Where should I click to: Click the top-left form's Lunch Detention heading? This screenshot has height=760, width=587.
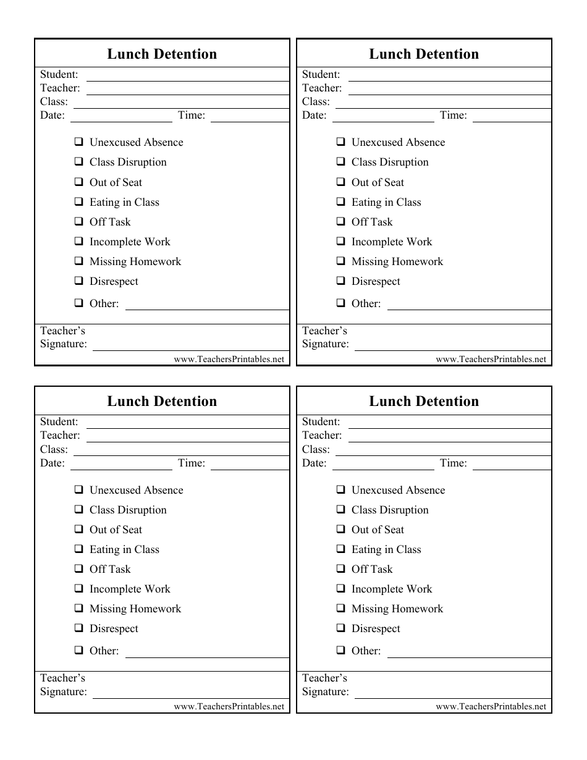[x=162, y=54]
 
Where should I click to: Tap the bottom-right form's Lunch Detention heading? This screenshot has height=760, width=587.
[x=424, y=402]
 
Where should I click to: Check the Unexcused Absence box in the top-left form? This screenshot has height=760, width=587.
[x=79, y=141]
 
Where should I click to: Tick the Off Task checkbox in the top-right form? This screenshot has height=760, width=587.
[x=341, y=221]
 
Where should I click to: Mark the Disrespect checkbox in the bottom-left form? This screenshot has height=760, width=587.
[x=79, y=628]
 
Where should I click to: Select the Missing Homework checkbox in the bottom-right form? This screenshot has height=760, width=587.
[x=341, y=608]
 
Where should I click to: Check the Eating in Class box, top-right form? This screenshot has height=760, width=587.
[x=341, y=201]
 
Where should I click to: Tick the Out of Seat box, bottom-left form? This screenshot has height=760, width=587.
[x=79, y=529]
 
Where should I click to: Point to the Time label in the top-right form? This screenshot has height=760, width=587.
[x=454, y=116]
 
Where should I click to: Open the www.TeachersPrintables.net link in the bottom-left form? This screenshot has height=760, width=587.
[x=229, y=706]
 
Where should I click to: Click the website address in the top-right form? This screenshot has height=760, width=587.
[x=491, y=359]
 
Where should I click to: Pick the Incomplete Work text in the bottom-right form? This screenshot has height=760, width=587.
[x=392, y=589]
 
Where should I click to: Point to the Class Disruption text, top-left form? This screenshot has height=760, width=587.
[x=128, y=163]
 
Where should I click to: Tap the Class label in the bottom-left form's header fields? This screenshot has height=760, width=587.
[x=54, y=450]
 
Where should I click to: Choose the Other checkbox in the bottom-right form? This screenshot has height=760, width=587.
[x=341, y=649]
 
